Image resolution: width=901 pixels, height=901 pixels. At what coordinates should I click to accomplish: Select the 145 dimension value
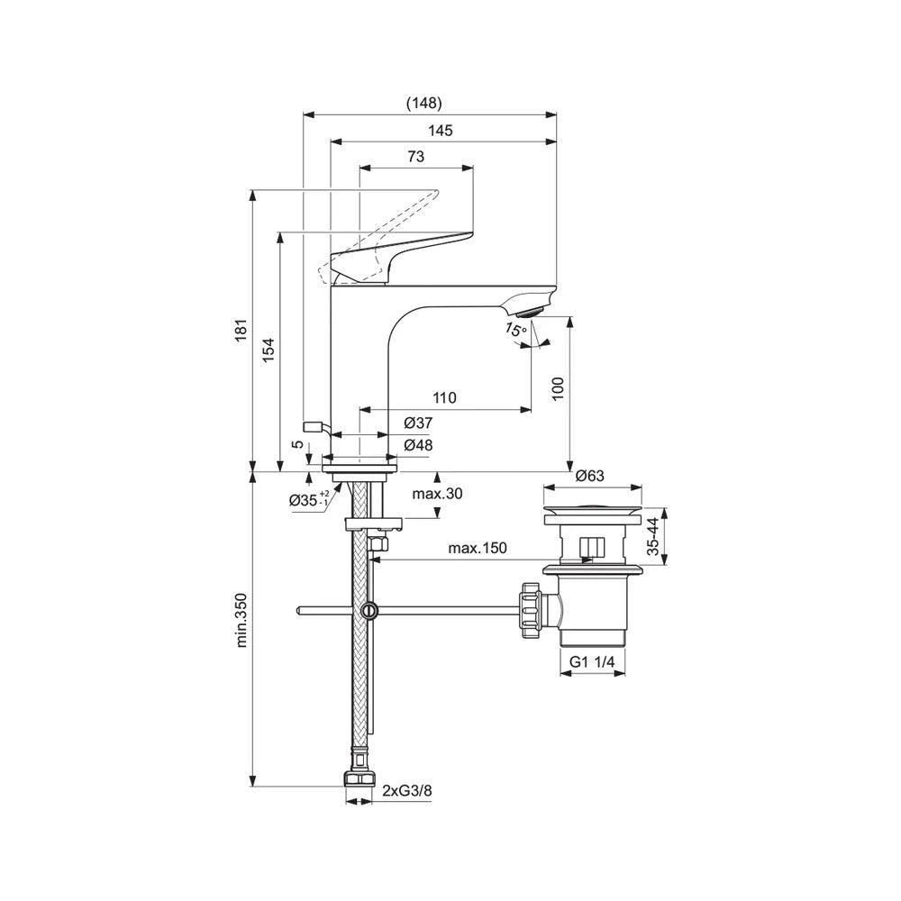tap(440, 131)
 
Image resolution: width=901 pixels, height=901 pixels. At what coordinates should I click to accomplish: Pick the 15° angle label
tap(515, 331)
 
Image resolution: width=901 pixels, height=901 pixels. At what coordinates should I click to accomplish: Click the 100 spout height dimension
tap(559, 387)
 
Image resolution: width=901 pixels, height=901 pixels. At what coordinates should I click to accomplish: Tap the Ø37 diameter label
tap(419, 423)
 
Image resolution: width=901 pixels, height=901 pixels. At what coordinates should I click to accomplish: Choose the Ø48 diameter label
tap(419, 445)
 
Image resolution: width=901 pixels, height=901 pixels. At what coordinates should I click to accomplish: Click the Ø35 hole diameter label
tap(309, 502)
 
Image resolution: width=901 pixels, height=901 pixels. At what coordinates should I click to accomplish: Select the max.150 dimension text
tap(478, 548)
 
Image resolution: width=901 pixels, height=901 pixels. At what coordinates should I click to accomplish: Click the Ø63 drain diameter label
tap(589, 476)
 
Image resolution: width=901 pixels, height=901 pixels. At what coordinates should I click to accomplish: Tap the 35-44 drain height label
tap(657, 539)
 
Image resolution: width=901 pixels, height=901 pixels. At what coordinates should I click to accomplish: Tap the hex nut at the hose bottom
tap(359, 780)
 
